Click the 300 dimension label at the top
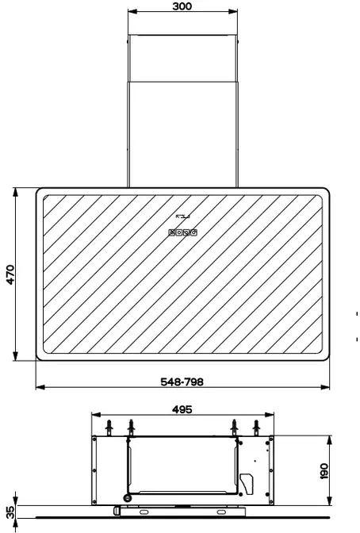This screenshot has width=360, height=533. [182, 6]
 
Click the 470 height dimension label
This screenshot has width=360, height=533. [10, 274]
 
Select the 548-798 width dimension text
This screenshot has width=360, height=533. [182, 382]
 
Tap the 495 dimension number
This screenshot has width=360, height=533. [182, 409]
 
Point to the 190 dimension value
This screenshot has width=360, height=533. [324, 471]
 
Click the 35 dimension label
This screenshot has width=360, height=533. [10, 512]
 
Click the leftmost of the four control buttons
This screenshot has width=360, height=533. [172, 232]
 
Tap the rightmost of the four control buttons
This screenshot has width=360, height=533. [193, 232]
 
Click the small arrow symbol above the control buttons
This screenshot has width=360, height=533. [182, 217]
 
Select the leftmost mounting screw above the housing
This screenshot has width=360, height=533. [109, 427]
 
